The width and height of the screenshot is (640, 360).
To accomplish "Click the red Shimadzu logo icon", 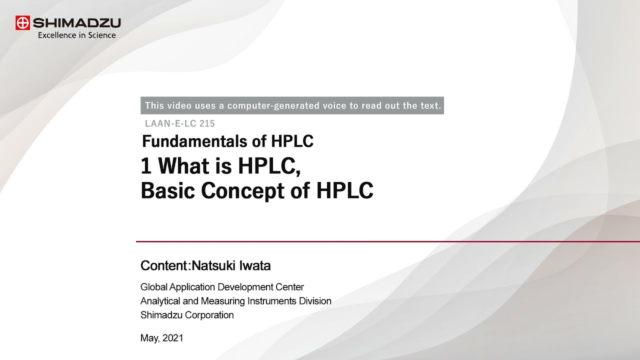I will [x=23, y=23].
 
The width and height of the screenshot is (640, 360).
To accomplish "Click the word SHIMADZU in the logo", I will [x=76, y=23].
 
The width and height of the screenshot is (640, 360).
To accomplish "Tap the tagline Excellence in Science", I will [x=77, y=35].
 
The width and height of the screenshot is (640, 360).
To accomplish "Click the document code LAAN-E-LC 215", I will [x=180, y=123].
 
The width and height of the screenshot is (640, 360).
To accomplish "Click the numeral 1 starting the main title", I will [x=146, y=166].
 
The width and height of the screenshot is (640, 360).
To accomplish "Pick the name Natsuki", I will [x=215, y=265].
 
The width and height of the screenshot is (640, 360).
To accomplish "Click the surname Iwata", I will [x=255, y=265].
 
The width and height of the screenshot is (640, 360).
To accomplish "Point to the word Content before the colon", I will [x=164, y=265].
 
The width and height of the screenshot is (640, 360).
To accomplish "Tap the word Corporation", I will [x=209, y=315].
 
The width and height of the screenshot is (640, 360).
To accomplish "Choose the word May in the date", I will [x=149, y=338].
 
